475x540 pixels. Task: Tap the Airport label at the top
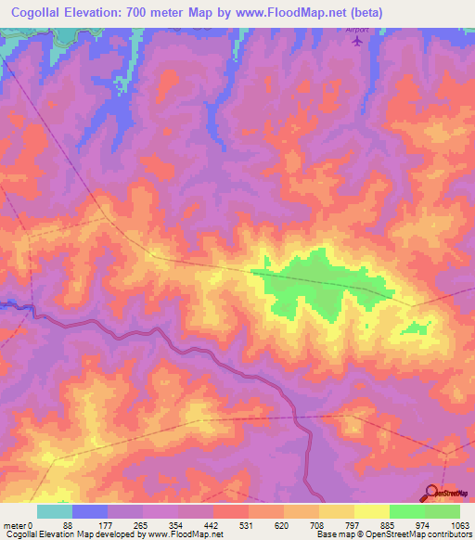(357, 30)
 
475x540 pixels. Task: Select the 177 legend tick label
(107, 526)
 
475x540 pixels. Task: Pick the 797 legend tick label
(353, 526)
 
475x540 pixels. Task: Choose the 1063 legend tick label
(458, 526)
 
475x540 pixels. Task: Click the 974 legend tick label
(424, 526)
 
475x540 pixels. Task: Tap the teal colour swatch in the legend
(55, 511)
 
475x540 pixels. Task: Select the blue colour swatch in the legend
(90, 511)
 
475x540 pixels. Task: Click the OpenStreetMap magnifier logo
(433, 492)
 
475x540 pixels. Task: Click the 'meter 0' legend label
(17, 526)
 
